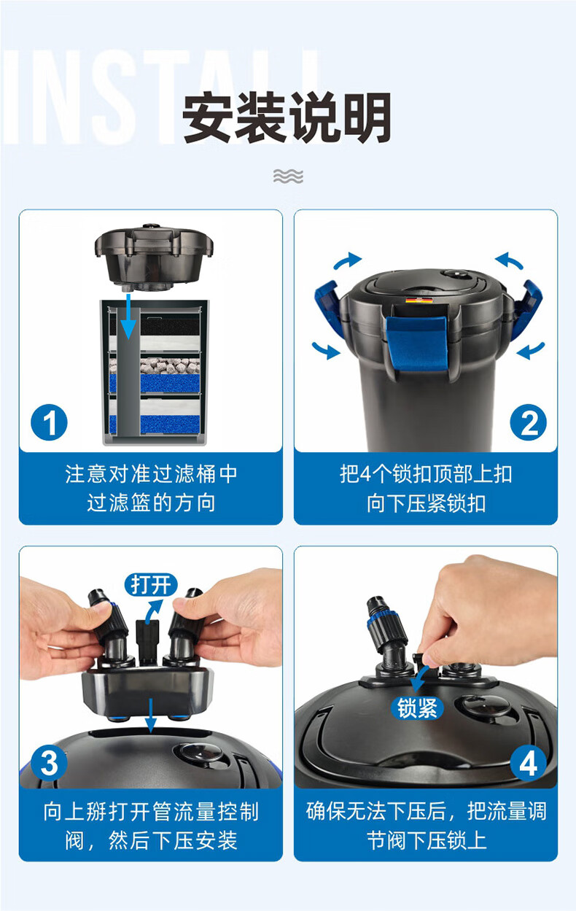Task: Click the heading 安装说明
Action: pos(287,117)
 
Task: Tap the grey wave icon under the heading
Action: pos(288,176)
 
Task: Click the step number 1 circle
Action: pos(49,422)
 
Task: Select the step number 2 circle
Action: pos(529,422)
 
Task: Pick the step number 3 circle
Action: pos(49,764)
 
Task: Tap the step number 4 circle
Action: pos(529,764)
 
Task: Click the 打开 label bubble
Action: pos(151,585)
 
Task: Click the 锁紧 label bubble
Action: pos(417,708)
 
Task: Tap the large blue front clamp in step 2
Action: pos(416,344)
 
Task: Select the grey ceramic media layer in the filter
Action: pos(170,365)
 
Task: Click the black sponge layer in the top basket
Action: pos(170,326)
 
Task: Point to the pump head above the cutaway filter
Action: pos(154,257)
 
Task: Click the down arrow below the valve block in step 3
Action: pos(151,715)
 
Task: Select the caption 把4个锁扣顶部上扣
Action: pos(426,474)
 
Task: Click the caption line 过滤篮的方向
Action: pos(151,503)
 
